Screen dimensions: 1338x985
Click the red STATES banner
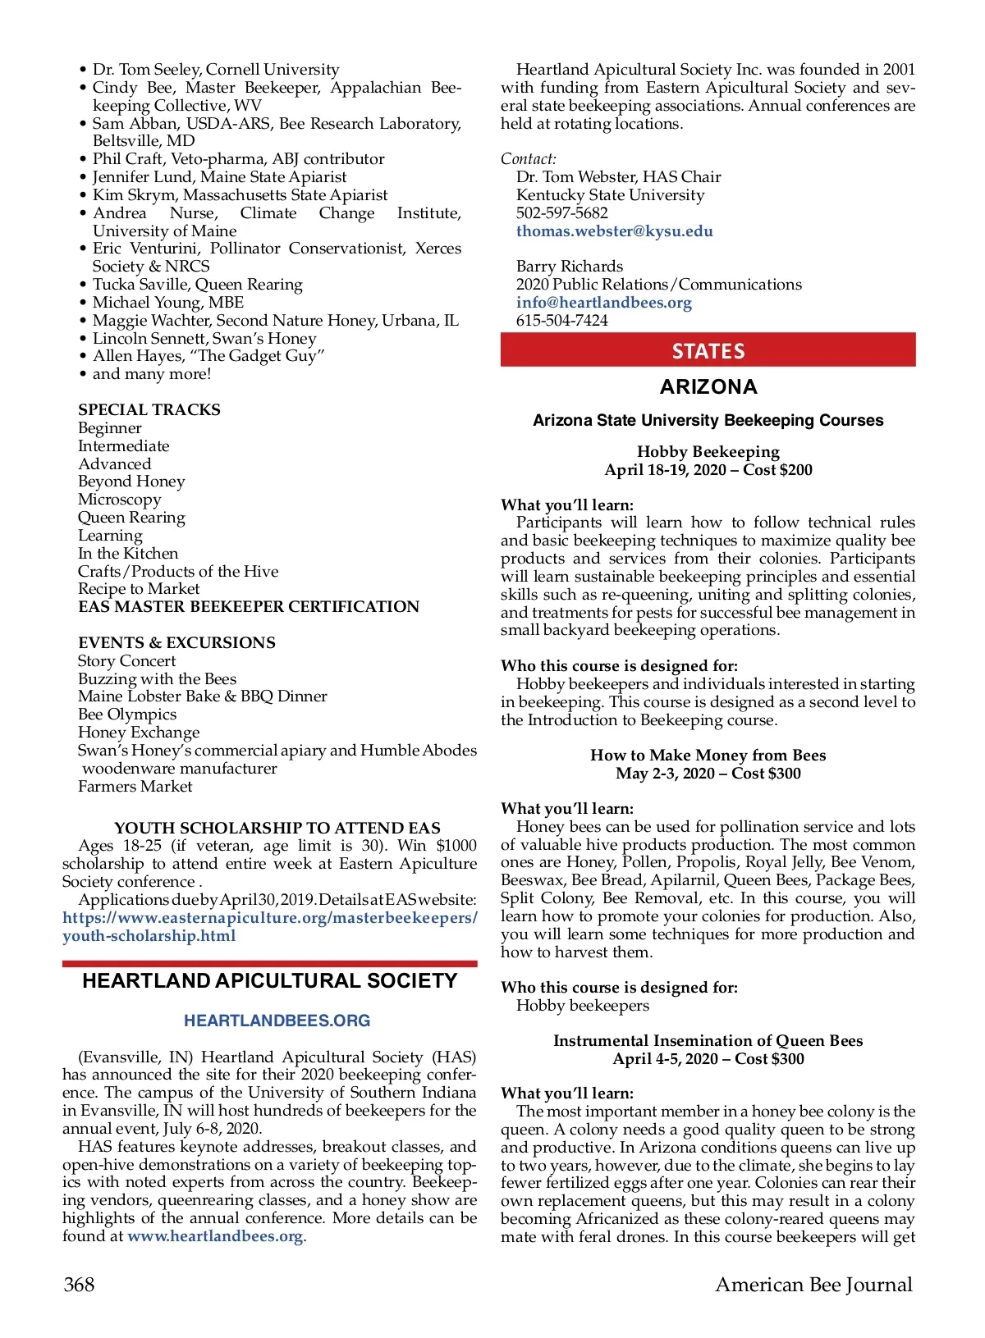pyautogui.click(x=708, y=350)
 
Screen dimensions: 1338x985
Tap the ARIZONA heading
pyautogui.click(x=708, y=386)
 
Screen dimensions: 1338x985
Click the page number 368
pyautogui.click(x=79, y=1284)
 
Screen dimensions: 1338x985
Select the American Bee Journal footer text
pyautogui.click(x=813, y=1284)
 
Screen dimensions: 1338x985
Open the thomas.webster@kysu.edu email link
pyautogui.click(x=614, y=231)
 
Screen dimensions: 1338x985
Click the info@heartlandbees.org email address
pyautogui.click(x=603, y=303)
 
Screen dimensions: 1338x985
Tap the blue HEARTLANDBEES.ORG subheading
pyautogui.click(x=277, y=1021)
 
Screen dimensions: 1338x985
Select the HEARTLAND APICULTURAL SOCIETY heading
pyautogui.click(x=269, y=981)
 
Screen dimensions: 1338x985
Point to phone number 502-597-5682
pyautogui.click(x=561, y=213)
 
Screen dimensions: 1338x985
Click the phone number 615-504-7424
pyautogui.click(x=561, y=321)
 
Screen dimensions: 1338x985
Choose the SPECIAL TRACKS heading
pyautogui.click(x=149, y=409)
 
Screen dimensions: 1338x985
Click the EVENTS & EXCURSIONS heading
pyautogui.click(x=176, y=642)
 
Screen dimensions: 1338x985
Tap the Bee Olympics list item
pyautogui.click(x=127, y=715)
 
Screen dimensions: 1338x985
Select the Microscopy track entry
pyautogui.click(x=120, y=500)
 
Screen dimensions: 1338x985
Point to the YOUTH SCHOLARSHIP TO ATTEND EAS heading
pyautogui.click(x=277, y=828)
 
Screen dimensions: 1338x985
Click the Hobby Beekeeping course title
pyautogui.click(x=708, y=451)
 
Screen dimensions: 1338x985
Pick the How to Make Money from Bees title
pyautogui.click(x=708, y=755)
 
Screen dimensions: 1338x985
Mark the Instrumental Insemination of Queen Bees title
pyautogui.click(x=708, y=1040)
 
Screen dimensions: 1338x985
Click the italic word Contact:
pyautogui.click(x=529, y=159)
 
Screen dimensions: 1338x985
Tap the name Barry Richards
pyautogui.click(x=570, y=267)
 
